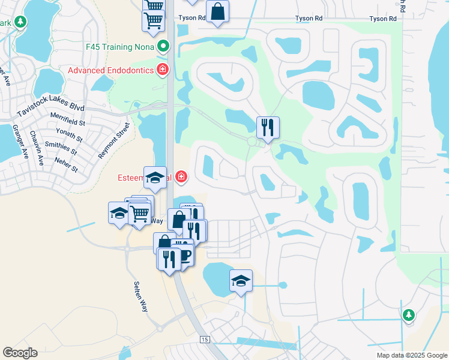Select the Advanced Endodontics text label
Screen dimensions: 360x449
pos(111,70)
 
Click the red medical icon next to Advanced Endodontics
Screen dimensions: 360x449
pos(162,70)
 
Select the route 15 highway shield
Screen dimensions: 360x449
pos(205,340)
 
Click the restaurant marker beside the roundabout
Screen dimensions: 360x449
pos(267,127)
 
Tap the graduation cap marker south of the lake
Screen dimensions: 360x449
pos(241,280)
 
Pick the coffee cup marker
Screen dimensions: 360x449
pos(184,254)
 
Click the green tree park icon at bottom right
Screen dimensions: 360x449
pos(409,314)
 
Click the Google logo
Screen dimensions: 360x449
pos(20,353)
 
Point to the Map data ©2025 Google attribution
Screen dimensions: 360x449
pos(412,355)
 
